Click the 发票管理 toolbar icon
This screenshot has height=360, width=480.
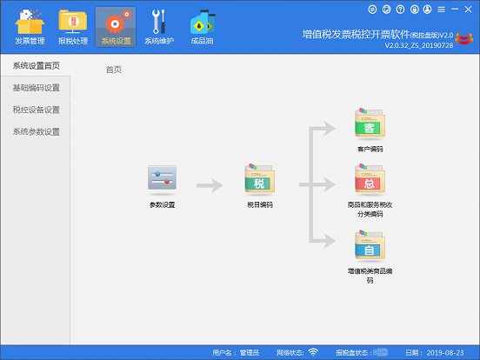tap(30, 22)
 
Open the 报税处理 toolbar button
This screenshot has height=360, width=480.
tap(73, 22)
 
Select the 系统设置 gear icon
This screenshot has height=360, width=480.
tap(116, 22)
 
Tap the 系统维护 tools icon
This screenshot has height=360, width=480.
tap(159, 22)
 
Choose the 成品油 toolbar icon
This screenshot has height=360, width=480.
tap(203, 22)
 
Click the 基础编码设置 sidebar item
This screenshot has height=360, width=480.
tap(37, 88)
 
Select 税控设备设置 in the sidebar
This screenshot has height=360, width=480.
tap(37, 110)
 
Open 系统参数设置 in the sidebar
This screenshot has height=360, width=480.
tap(37, 131)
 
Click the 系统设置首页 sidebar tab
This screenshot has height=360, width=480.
tap(37, 65)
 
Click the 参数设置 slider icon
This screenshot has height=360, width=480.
tap(162, 178)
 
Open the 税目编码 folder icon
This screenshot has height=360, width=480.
tap(260, 178)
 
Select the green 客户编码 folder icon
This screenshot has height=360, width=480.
tap(370, 123)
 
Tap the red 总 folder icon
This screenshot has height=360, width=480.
tap(370, 179)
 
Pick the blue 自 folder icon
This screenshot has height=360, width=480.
tap(370, 245)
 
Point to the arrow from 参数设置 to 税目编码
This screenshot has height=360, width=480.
tap(210, 185)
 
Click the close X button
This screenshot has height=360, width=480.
tap(468, 10)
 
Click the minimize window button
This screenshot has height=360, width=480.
tap(455, 10)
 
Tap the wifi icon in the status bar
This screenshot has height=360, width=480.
tap(313, 352)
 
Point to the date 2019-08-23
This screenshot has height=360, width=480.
tap(445, 353)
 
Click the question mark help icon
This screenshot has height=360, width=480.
tap(400, 10)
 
